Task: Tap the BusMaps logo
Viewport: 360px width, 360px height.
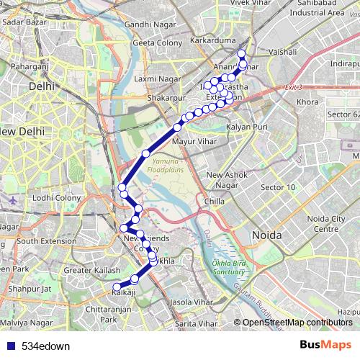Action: tap(326, 345)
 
